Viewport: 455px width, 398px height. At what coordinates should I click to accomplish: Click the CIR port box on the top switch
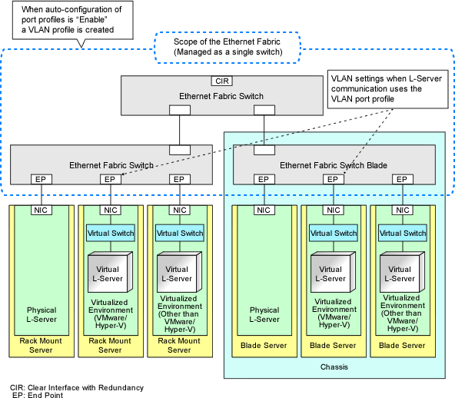[222, 81]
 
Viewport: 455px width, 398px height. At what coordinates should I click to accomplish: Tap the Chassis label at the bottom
[334, 367]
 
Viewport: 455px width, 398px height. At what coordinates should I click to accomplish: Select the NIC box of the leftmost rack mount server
[42, 210]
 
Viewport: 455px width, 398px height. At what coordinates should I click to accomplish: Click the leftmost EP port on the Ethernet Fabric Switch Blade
[264, 179]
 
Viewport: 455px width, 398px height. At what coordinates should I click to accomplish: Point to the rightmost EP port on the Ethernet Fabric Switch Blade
[403, 179]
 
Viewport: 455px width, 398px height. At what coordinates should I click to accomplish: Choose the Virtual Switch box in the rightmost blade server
[403, 233]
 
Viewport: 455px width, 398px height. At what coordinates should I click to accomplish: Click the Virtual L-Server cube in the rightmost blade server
[403, 272]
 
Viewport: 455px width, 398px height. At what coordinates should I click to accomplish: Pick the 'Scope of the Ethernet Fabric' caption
[227, 47]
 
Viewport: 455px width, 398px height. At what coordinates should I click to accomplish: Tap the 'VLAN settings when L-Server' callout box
[387, 89]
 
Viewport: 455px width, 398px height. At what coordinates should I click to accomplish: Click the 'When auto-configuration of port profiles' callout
[72, 20]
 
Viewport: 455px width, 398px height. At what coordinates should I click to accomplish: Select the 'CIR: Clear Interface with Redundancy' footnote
[77, 387]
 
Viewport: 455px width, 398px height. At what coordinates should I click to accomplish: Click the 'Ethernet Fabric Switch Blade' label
[334, 165]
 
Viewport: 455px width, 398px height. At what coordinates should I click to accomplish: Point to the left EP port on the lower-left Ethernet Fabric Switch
[42, 179]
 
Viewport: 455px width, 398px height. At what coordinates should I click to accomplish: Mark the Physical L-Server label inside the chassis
[264, 314]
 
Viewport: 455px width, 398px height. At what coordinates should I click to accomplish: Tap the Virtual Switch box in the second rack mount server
[111, 233]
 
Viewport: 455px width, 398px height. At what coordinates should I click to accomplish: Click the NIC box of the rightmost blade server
[403, 210]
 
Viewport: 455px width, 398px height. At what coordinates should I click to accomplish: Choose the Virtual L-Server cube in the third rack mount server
[180, 272]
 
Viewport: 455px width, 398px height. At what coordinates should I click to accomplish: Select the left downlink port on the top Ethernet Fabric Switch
[180, 110]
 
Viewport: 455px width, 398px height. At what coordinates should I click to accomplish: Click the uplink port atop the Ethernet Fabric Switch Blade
[264, 150]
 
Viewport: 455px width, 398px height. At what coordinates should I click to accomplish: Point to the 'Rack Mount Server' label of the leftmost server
[41, 345]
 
